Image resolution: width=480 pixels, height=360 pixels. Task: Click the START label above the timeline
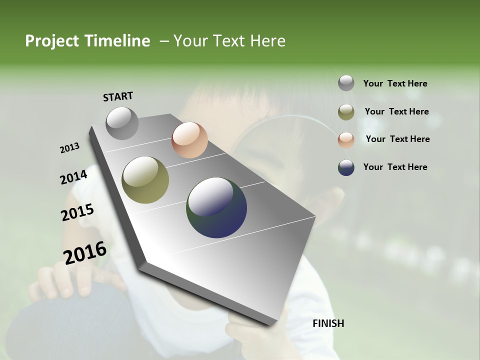[x=118, y=96]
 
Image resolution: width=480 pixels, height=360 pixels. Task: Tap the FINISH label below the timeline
[x=328, y=323]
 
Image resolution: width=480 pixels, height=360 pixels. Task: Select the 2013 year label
[x=69, y=148]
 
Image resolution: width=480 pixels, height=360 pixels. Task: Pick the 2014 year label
[x=73, y=177]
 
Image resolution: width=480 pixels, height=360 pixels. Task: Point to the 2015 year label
[x=77, y=212]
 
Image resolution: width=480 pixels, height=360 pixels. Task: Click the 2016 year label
[x=85, y=252]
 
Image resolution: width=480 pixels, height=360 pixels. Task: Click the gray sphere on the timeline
[x=122, y=123]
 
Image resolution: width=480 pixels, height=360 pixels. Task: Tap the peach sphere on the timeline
[x=189, y=140]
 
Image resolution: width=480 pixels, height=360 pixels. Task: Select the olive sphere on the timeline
[x=145, y=180]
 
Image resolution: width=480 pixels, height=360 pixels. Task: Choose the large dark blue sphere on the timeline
[x=216, y=207]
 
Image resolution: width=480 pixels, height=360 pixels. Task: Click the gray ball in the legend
[x=346, y=83]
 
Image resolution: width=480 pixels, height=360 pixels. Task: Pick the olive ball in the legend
[x=346, y=112]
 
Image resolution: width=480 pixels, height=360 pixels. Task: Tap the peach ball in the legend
[x=346, y=139]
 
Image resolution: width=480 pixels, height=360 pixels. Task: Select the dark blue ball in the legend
[x=346, y=167]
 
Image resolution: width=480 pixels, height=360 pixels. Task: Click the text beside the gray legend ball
[x=395, y=83]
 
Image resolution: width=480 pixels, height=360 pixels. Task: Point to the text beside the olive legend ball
[x=396, y=111]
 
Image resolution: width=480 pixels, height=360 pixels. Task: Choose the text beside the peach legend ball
[x=397, y=139]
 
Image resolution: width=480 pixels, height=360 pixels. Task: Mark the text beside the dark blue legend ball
[x=395, y=167]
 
